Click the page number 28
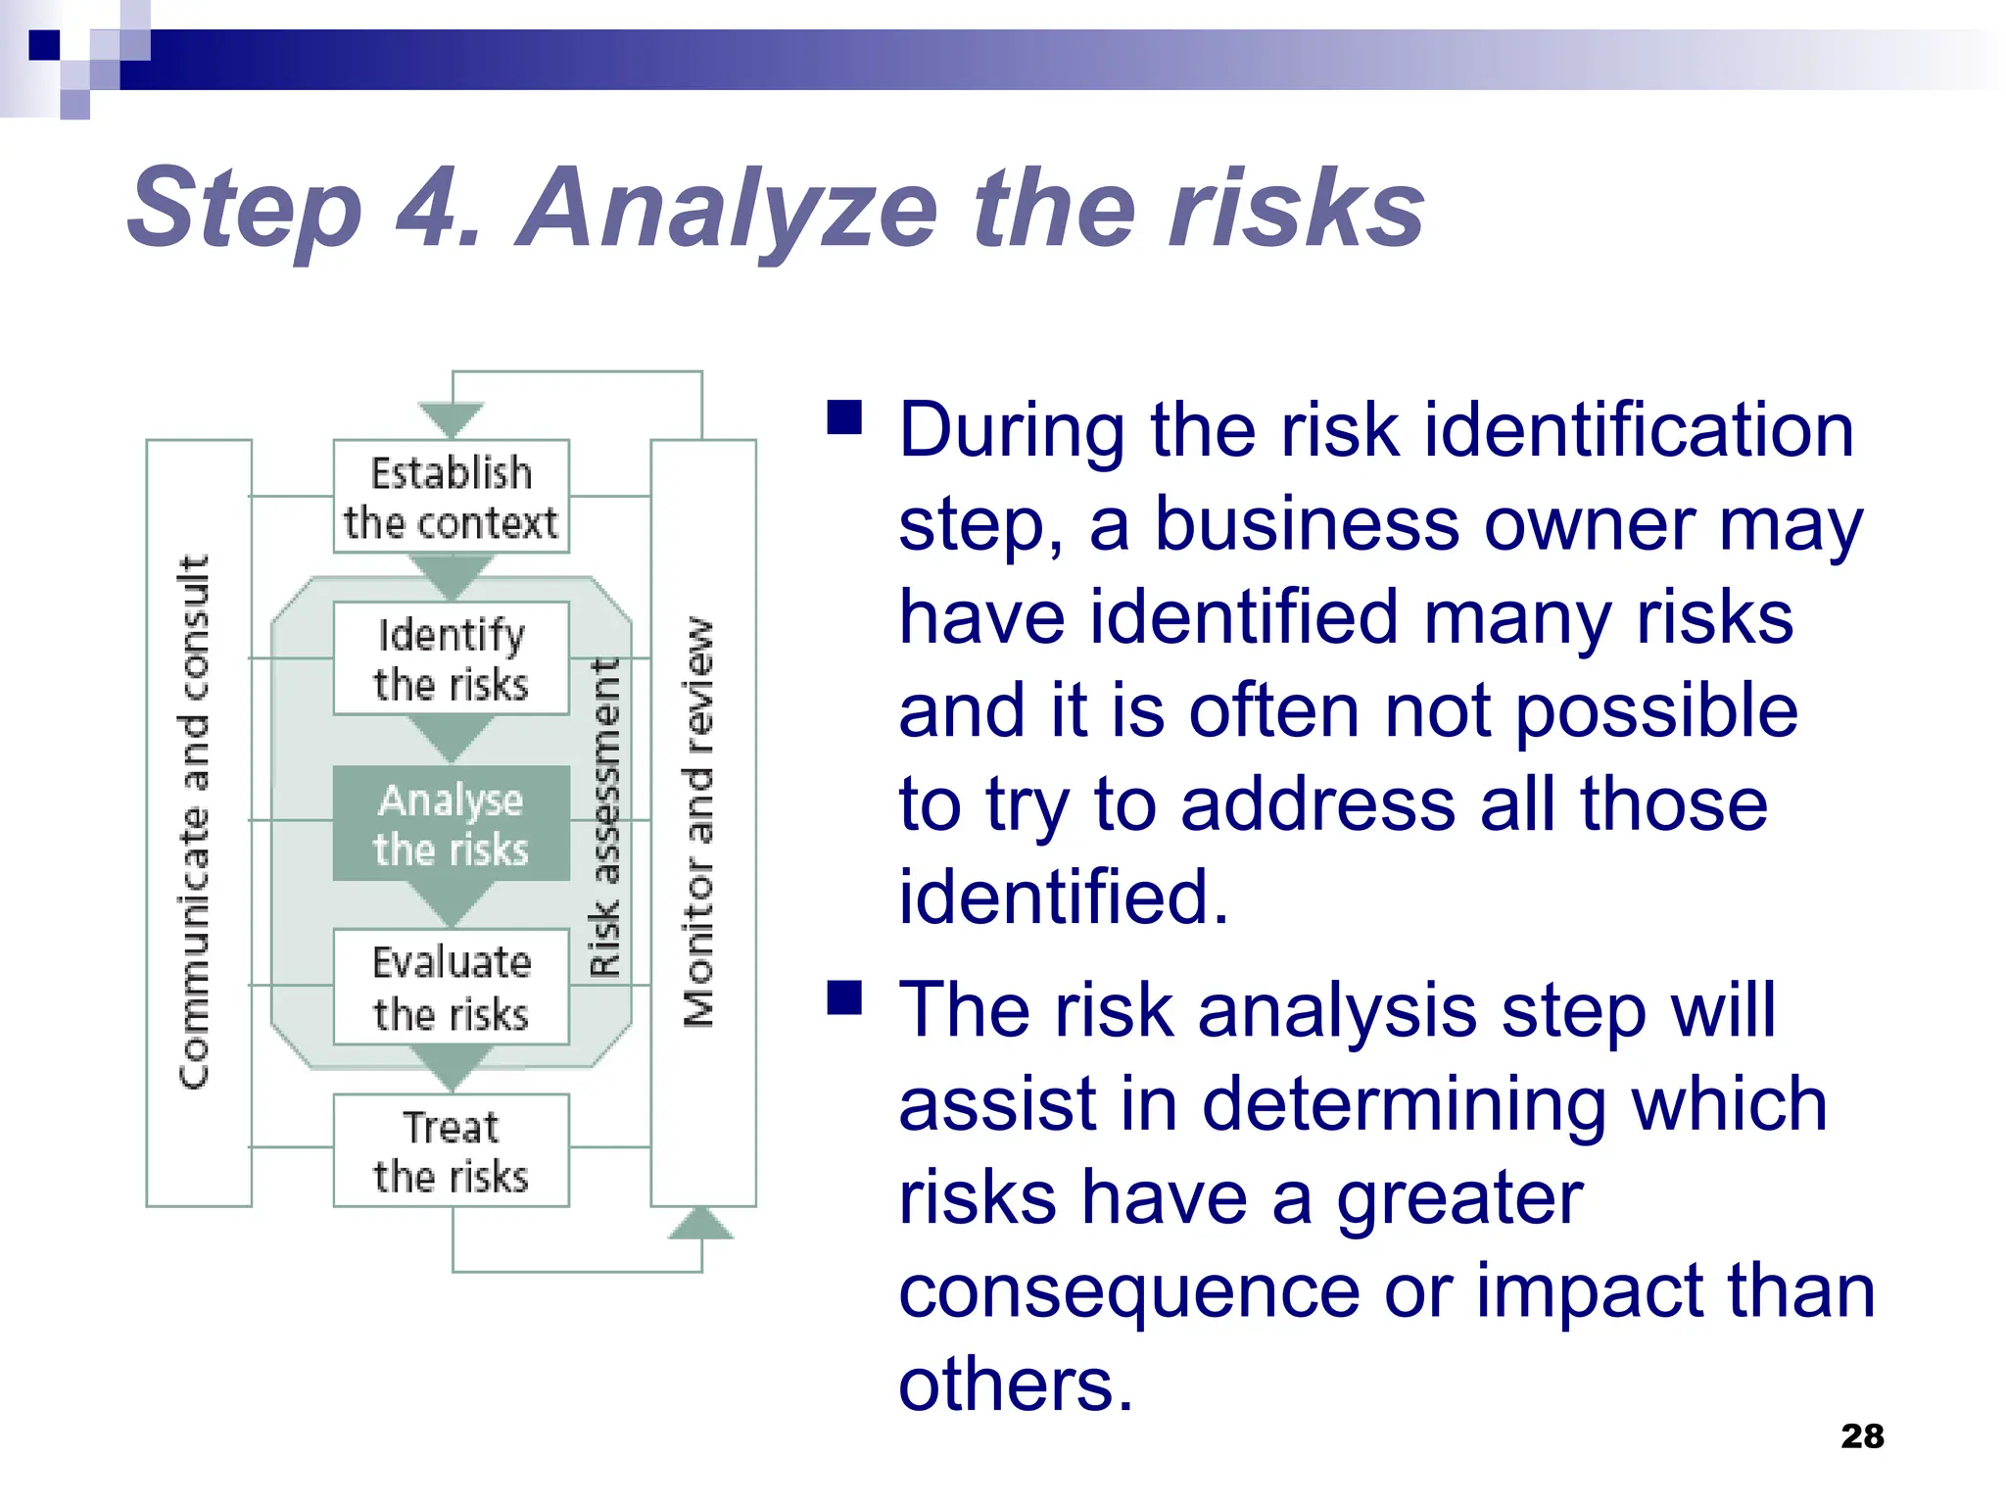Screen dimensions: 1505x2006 pyautogui.click(x=1861, y=1435)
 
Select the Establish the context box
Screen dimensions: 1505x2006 pyautogui.click(x=451, y=497)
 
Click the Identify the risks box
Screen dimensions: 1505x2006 pyautogui.click(x=451, y=658)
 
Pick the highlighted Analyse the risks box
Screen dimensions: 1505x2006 pyautogui.click(x=451, y=823)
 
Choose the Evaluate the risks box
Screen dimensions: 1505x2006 pyautogui.click(x=451, y=987)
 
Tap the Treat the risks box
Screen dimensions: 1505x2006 pyautogui.click(x=451, y=1150)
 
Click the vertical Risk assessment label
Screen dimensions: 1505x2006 pyautogui.click(x=605, y=818)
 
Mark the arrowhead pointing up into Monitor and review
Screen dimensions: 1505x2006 pyautogui.click(x=701, y=1225)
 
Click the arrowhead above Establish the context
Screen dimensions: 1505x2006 pyautogui.click(x=452, y=419)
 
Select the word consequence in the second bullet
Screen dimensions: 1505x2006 pyautogui.click(x=1128, y=1290)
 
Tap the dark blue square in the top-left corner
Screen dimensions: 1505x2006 pyautogui.click(x=44, y=45)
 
